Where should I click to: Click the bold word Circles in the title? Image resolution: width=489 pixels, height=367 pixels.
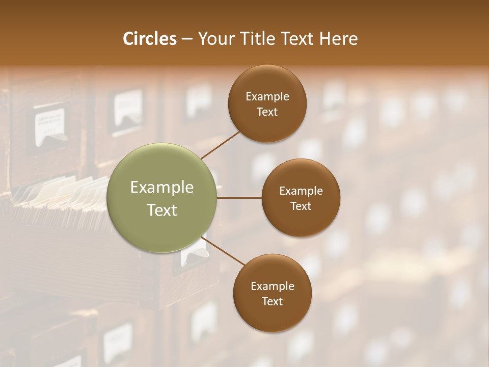(x=149, y=39)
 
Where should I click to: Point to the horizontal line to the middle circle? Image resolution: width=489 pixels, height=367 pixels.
(x=239, y=198)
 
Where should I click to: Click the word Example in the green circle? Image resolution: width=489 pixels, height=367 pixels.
(x=161, y=188)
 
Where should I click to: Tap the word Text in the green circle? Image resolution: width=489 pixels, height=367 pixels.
(x=161, y=210)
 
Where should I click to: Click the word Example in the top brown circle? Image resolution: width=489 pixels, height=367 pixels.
(x=267, y=97)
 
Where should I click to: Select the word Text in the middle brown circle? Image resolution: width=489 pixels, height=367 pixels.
(x=301, y=206)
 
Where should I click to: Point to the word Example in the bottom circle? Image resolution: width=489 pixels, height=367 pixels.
(x=272, y=286)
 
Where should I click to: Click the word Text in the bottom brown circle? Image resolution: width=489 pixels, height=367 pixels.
(x=272, y=301)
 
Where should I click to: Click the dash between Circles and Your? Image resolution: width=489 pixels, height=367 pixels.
(x=187, y=39)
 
